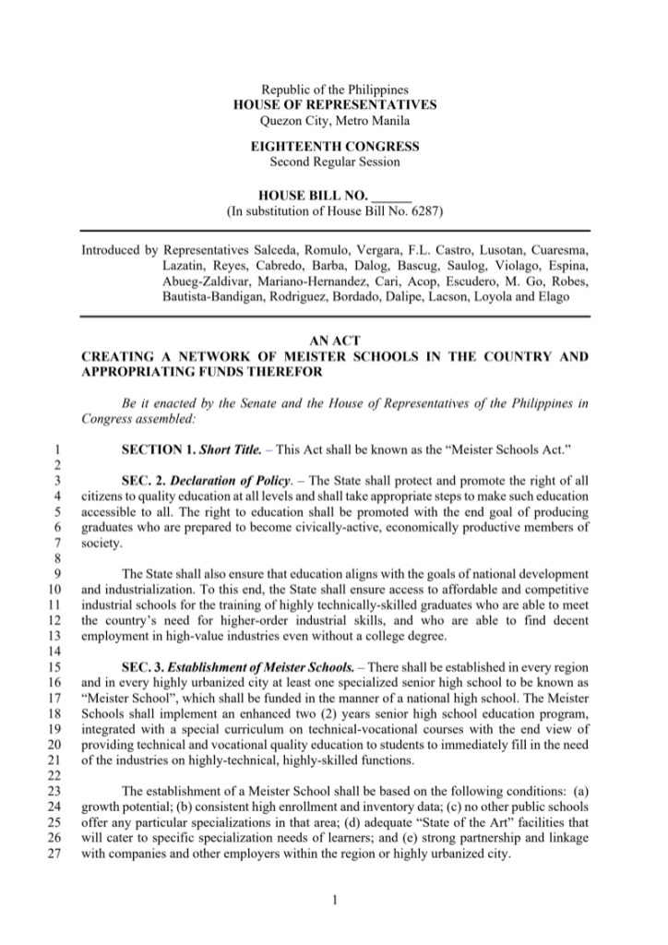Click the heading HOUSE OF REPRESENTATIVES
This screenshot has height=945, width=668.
[x=335, y=105]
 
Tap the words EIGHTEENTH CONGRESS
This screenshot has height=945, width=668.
[x=335, y=147]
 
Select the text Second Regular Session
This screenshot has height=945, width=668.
[x=335, y=161]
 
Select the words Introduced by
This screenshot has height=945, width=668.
[x=118, y=250]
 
